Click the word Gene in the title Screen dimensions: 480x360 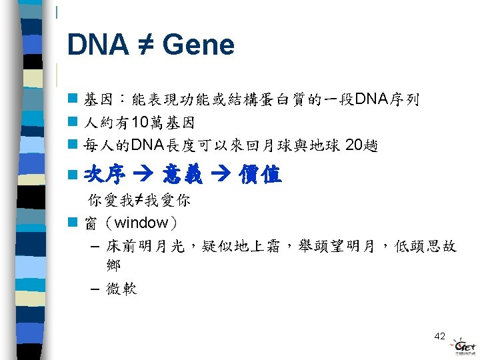pyautogui.click(x=198, y=45)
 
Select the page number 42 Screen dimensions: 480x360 pyautogui.click(x=439, y=336)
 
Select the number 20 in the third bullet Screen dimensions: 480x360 pyautogui.click(x=355, y=145)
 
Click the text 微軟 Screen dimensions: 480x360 pyautogui.click(x=121, y=290)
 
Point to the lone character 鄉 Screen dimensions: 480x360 pyautogui.click(x=113, y=265)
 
